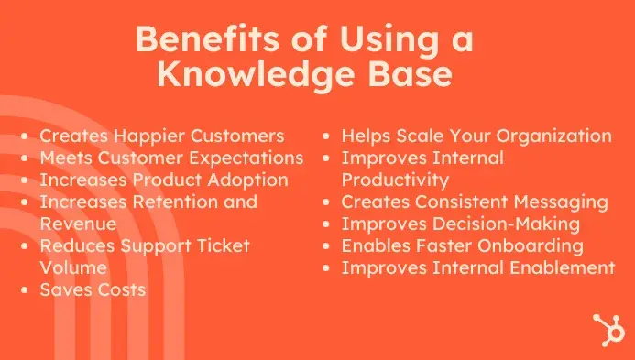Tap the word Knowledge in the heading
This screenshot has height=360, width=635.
click(256, 76)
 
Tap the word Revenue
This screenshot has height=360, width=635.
click(78, 224)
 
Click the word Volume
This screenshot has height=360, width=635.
click(73, 267)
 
